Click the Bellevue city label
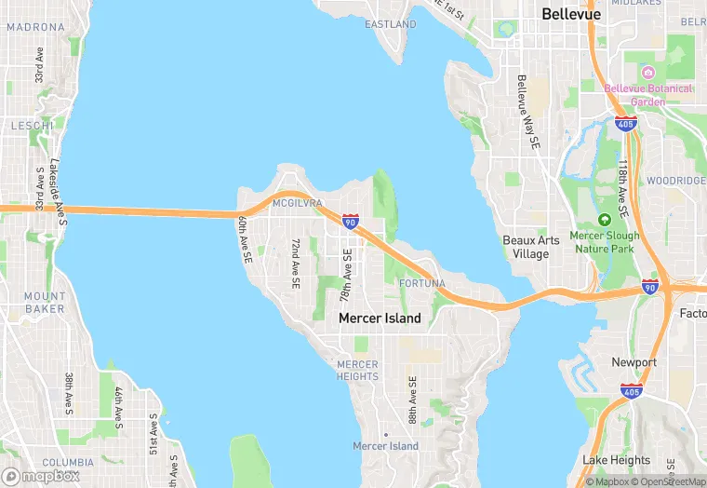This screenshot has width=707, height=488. click(571, 15)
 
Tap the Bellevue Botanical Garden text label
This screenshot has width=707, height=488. click(648, 94)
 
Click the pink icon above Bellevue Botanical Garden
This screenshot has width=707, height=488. click(648, 73)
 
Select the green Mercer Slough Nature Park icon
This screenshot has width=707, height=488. click(604, 220)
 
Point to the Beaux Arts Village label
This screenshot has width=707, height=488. click(531, 247)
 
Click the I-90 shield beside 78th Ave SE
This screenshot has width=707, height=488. click(350, 222)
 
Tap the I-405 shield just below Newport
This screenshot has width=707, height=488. click(633, 390)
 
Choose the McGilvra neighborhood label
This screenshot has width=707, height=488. click(297, 202)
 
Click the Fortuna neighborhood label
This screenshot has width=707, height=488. click(421, 283)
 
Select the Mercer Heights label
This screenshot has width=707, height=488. click(358, 370)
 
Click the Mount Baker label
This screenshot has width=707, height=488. click(45, 303)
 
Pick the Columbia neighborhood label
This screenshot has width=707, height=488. click(68, 462)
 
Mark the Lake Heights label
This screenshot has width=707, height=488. click(616, 460)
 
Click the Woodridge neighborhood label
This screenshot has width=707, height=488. click(676, 181)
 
